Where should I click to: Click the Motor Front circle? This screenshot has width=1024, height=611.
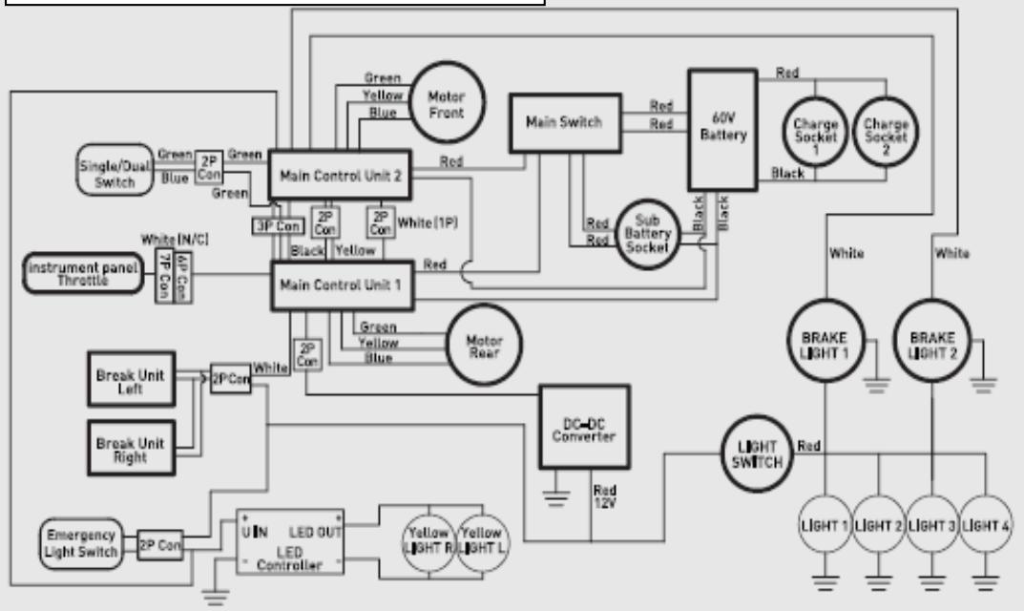(x=446, y=104)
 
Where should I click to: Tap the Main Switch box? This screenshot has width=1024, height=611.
(x=564, y=123)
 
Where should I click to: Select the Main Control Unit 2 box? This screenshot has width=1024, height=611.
(x=340, y=175)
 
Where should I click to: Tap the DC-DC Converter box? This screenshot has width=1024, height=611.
(x=584, y=426)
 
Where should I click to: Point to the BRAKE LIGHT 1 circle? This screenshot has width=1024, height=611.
(x=825, y=339)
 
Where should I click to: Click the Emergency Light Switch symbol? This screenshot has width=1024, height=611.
(x=81, y=541)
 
